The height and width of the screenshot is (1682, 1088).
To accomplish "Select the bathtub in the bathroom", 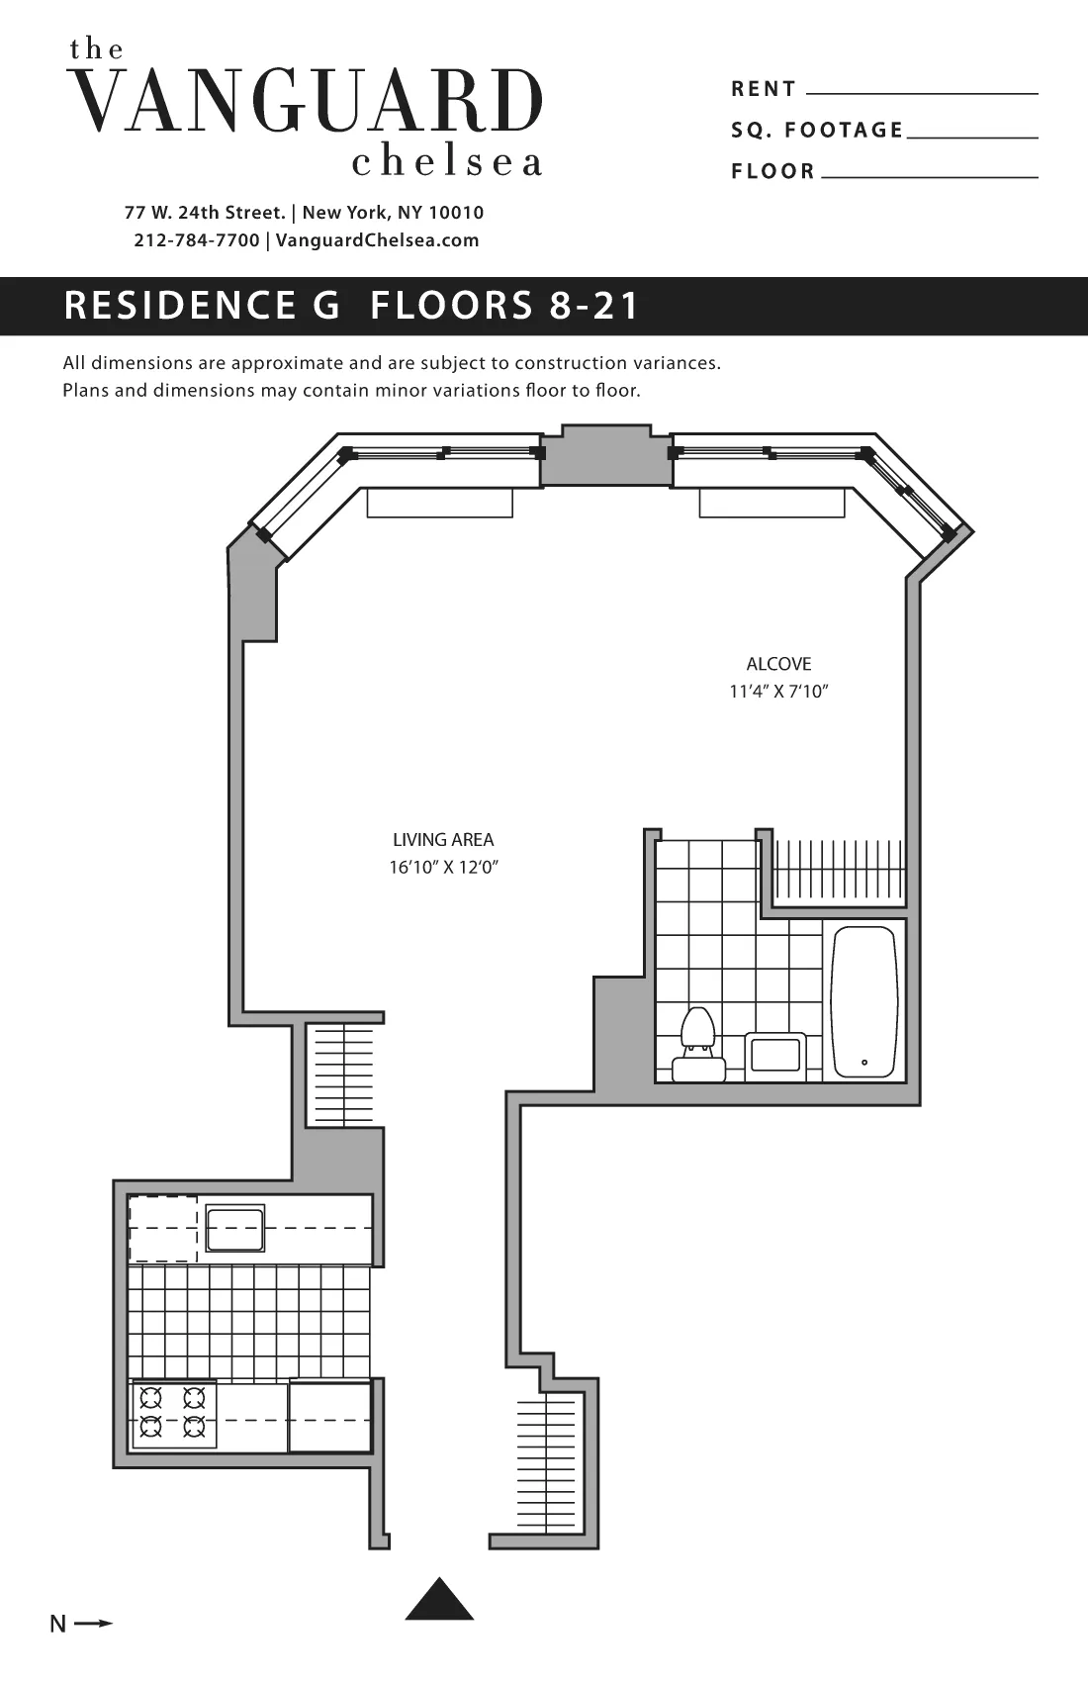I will click(x=864, y=1000).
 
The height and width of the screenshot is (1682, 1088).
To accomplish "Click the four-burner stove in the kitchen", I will click(x=173, y=1413).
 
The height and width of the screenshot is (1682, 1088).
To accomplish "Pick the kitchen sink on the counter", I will click(x=234, y=1228).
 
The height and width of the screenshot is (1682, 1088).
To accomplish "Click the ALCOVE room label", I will click(x=778, y=664).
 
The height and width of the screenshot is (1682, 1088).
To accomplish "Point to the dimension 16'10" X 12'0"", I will click(x=443, y=868).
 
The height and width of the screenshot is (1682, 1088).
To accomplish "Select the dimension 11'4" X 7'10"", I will click(x=778, y=692).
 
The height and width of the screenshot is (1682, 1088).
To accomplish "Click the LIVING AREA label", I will click(x=443, y=840).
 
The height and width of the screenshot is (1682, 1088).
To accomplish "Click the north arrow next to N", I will click(x=94, y=1624).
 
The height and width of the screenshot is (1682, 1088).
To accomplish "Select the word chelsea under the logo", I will click(x=447, y=162).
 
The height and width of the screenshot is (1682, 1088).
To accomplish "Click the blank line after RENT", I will click(x=922, y=92).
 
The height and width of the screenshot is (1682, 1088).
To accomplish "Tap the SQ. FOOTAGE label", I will click(x=817, y=130).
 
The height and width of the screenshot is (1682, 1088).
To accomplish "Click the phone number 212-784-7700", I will click(x=197, y=240).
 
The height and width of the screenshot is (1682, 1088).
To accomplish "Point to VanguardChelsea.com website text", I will click(x=377, y=240).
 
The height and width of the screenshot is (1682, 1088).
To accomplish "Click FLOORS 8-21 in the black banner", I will click(x=505, y=306).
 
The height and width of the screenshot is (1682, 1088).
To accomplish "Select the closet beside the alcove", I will click(x=839, y=871).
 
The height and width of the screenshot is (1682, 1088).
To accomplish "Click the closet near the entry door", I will click(x=545, y=1464).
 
